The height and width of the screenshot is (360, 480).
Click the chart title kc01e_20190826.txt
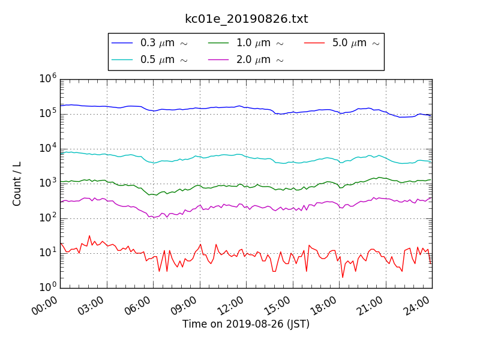[x=246, y=19]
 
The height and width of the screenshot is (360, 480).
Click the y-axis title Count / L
[x=17, y=184]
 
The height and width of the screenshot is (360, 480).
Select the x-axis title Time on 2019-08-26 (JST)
[x=246, y=325]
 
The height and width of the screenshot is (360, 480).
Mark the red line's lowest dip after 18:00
[x=343, y=277]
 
